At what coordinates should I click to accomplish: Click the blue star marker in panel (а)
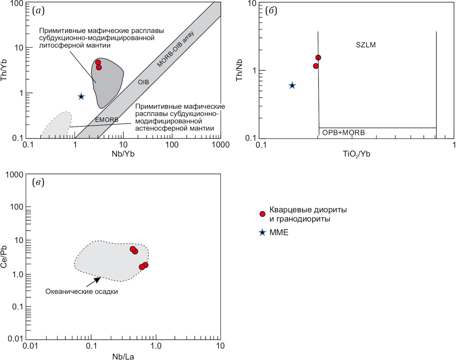pos(81,96)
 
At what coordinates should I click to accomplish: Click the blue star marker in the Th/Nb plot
pos(292,86)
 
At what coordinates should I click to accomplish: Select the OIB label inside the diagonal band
pos(143,82)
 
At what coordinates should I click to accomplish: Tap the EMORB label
pos(107,120)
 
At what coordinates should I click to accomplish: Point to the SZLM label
pos(366,45)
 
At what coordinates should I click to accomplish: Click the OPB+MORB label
pos(343,133)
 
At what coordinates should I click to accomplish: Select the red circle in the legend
pos(262,214)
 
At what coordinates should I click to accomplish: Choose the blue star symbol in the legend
pos(262,233)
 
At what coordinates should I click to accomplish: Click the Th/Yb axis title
pos(4,70)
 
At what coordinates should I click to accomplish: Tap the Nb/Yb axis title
pos(123,154)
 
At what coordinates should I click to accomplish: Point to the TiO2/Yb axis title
pos(357,154)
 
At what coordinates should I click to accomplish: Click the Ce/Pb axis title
pos(4,257)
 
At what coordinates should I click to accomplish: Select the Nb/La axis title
pos(123,356)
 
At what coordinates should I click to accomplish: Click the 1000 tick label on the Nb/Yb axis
pos(221,145)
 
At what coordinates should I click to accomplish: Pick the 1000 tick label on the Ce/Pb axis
pos(15,175)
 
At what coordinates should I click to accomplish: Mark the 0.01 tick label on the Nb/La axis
pos(30,346)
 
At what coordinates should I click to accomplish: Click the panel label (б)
pos(271,11)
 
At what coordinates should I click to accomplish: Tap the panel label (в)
pos(38,182)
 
